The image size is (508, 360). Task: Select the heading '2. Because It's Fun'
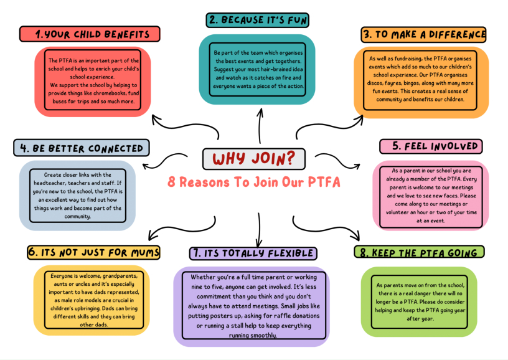(x=258, y=20)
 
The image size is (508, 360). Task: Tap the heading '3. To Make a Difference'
(x=423, y=34)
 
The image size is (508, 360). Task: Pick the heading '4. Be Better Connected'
(x=82, y=148)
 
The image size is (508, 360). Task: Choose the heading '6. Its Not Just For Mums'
(x=94, y=252)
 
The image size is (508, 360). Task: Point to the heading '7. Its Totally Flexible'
(x=253, y=253)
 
